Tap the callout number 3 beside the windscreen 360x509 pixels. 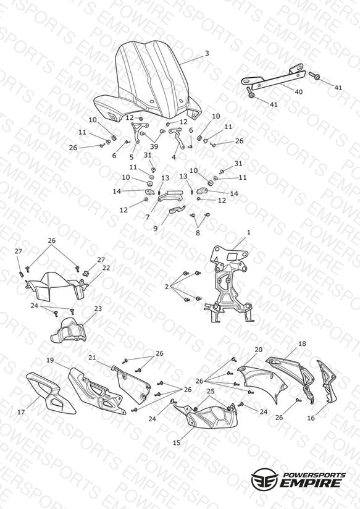207,54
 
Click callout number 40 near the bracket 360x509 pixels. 298,92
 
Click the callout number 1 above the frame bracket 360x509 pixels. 249,232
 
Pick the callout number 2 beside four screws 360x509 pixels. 167,287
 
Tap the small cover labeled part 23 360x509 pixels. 69,330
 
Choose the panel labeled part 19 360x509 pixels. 96,391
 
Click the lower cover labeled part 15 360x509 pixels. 207,416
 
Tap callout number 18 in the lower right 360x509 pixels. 302,344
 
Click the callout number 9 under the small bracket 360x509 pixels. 156,228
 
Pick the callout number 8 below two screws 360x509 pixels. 198,233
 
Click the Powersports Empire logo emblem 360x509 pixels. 264,478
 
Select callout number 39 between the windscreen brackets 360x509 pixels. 154,146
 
